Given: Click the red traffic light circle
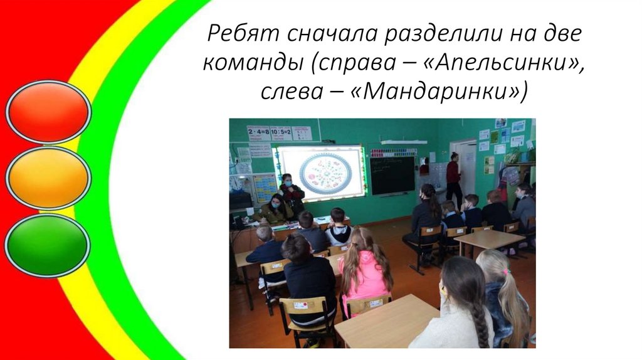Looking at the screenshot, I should pyautogui.click(x=48, y=112).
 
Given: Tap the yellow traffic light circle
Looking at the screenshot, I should pyautogui.click(x=48, y=178).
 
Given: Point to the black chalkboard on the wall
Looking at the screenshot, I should pyautogui.click(x=392, y=175).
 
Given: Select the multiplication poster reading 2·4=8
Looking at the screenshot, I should pyautogui.click(x=258, y=132).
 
